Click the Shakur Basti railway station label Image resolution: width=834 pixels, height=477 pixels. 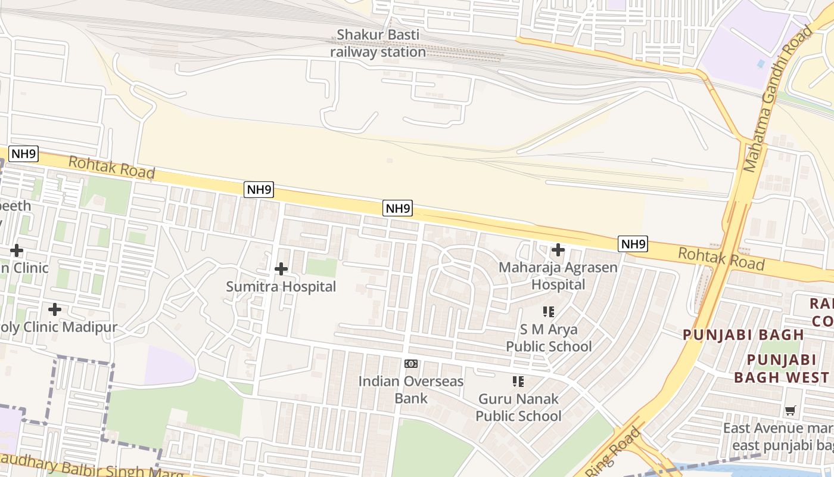point(378,43)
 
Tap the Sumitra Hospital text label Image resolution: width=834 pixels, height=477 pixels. point(281,287)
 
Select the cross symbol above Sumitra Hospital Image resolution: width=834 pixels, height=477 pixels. point(281,270)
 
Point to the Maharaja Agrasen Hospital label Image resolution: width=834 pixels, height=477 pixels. point(558,275)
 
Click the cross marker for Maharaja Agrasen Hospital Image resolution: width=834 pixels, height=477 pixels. point(558,250)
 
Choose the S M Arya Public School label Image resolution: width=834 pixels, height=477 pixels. point(549,337)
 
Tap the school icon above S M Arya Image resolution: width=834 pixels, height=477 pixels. point(549,311)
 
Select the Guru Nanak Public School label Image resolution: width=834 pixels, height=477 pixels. point(518,407)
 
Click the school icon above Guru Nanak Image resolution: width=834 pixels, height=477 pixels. point(518,381)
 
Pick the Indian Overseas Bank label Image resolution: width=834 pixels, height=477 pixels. point(411,389)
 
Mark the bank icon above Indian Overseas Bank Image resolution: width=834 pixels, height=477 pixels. point(411,364)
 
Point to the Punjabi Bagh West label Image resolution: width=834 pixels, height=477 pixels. point(782,368)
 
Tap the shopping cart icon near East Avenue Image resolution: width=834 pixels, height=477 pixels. point(791,410)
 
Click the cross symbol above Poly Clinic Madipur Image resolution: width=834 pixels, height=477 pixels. point(55,309)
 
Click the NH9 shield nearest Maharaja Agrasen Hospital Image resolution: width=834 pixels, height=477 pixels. point(633,244)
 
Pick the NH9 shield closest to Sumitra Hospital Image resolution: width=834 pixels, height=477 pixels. point(259,190)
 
